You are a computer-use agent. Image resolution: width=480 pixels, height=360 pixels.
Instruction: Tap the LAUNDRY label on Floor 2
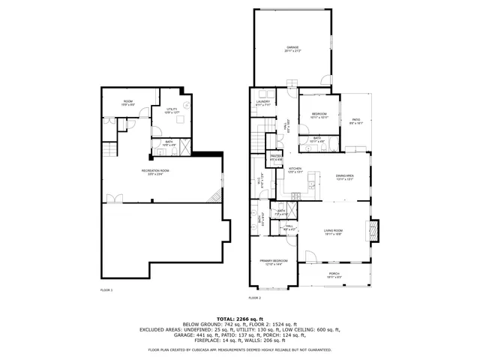pos(263,103)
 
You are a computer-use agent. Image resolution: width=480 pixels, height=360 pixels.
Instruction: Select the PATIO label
pos(356,121)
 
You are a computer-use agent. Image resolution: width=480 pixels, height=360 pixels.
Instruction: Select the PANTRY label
pos(275,157)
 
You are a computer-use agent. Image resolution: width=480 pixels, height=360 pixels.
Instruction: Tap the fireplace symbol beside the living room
pos(376,230)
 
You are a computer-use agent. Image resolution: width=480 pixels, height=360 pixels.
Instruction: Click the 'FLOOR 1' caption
pos(106,289)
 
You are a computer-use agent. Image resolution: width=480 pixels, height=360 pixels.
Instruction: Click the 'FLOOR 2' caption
pos(254,298)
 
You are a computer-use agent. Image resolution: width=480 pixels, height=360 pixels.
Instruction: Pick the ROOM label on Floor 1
pos(127,103)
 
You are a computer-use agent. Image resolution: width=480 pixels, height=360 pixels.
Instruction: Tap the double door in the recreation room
pos(115,199)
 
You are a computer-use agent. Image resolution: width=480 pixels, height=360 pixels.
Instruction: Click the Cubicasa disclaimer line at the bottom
pos(240,349)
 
